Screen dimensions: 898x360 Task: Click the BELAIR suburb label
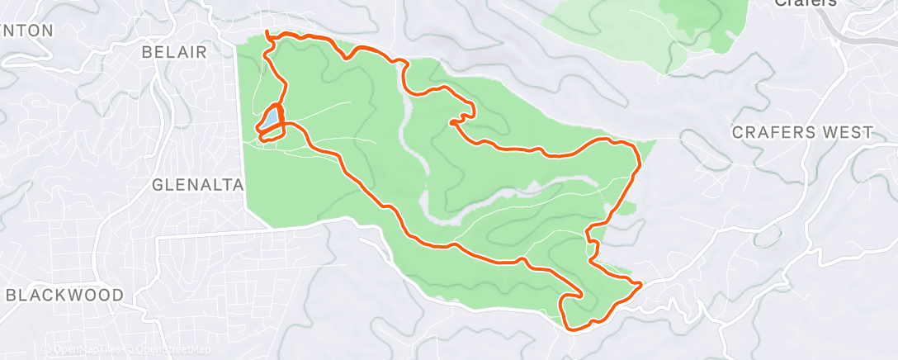(x=184, y=51)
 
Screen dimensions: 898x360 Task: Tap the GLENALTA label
(x=199, y=186)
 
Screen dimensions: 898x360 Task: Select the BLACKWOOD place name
(x=64, y=295)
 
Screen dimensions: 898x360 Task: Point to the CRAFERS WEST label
(x=802, y=132)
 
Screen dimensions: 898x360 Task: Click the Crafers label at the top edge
(x=805, y=3)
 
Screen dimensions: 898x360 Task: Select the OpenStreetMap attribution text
(x=168, y=350)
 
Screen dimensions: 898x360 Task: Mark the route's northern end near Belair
(x=267, y=32)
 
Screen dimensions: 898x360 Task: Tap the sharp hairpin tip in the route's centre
(x=451, y=122)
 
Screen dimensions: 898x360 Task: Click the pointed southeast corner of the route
(x=640, y=284)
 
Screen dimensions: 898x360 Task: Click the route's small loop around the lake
(x=273, y=124)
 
